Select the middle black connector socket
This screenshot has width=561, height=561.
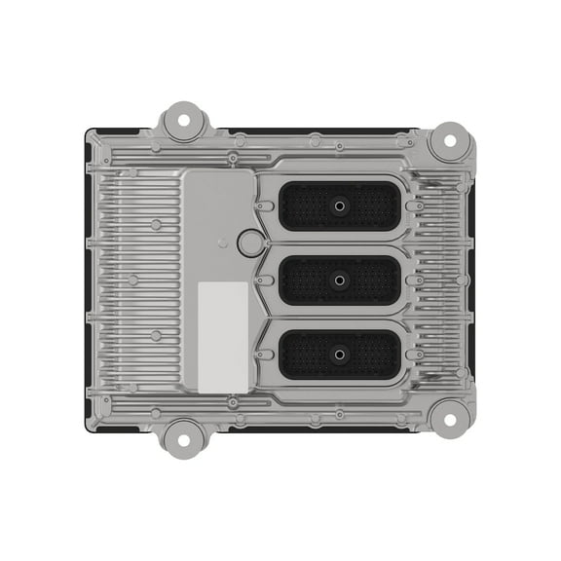pos(339,280)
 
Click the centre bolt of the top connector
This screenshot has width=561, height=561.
pos(339,206)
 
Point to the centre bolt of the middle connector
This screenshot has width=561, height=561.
pos(339,280)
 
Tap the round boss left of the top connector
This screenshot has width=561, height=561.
pos(248,243)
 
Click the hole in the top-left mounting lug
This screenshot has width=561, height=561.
pos(180,124)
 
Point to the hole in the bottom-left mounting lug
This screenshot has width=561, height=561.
pos(180,435)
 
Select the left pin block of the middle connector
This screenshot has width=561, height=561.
pos(305,280)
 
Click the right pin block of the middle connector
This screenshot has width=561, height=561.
pos(373,280)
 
